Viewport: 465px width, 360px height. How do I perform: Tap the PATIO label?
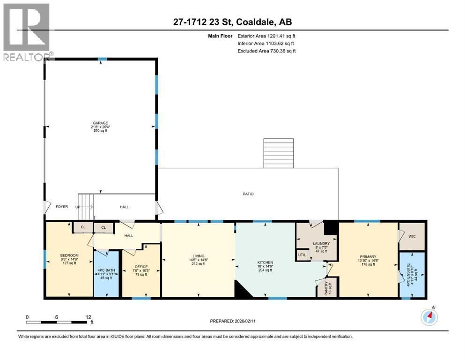pos(248,194)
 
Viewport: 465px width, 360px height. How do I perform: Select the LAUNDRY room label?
pos(321,243)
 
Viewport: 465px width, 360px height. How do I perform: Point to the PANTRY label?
pos(327,287)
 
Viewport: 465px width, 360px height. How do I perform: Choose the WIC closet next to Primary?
pos(412,237)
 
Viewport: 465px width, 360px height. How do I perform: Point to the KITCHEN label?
pos(265,262)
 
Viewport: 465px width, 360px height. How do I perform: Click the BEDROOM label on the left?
pos(69,255)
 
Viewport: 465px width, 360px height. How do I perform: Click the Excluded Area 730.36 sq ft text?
pos(266,51)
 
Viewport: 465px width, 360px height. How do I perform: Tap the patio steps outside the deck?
pos(279,153)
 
